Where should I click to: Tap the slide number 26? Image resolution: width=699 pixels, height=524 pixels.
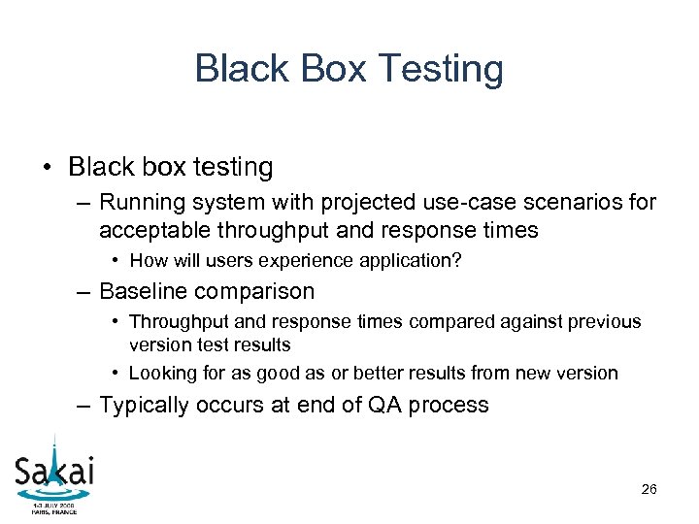649,489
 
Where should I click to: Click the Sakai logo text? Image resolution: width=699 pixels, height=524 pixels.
54,473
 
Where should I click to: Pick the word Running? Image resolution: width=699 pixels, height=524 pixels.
140,203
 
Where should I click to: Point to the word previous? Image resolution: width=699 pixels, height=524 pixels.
605,321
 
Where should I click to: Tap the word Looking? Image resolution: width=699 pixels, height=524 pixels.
162,373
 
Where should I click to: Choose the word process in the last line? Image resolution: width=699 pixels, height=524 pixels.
448,406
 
